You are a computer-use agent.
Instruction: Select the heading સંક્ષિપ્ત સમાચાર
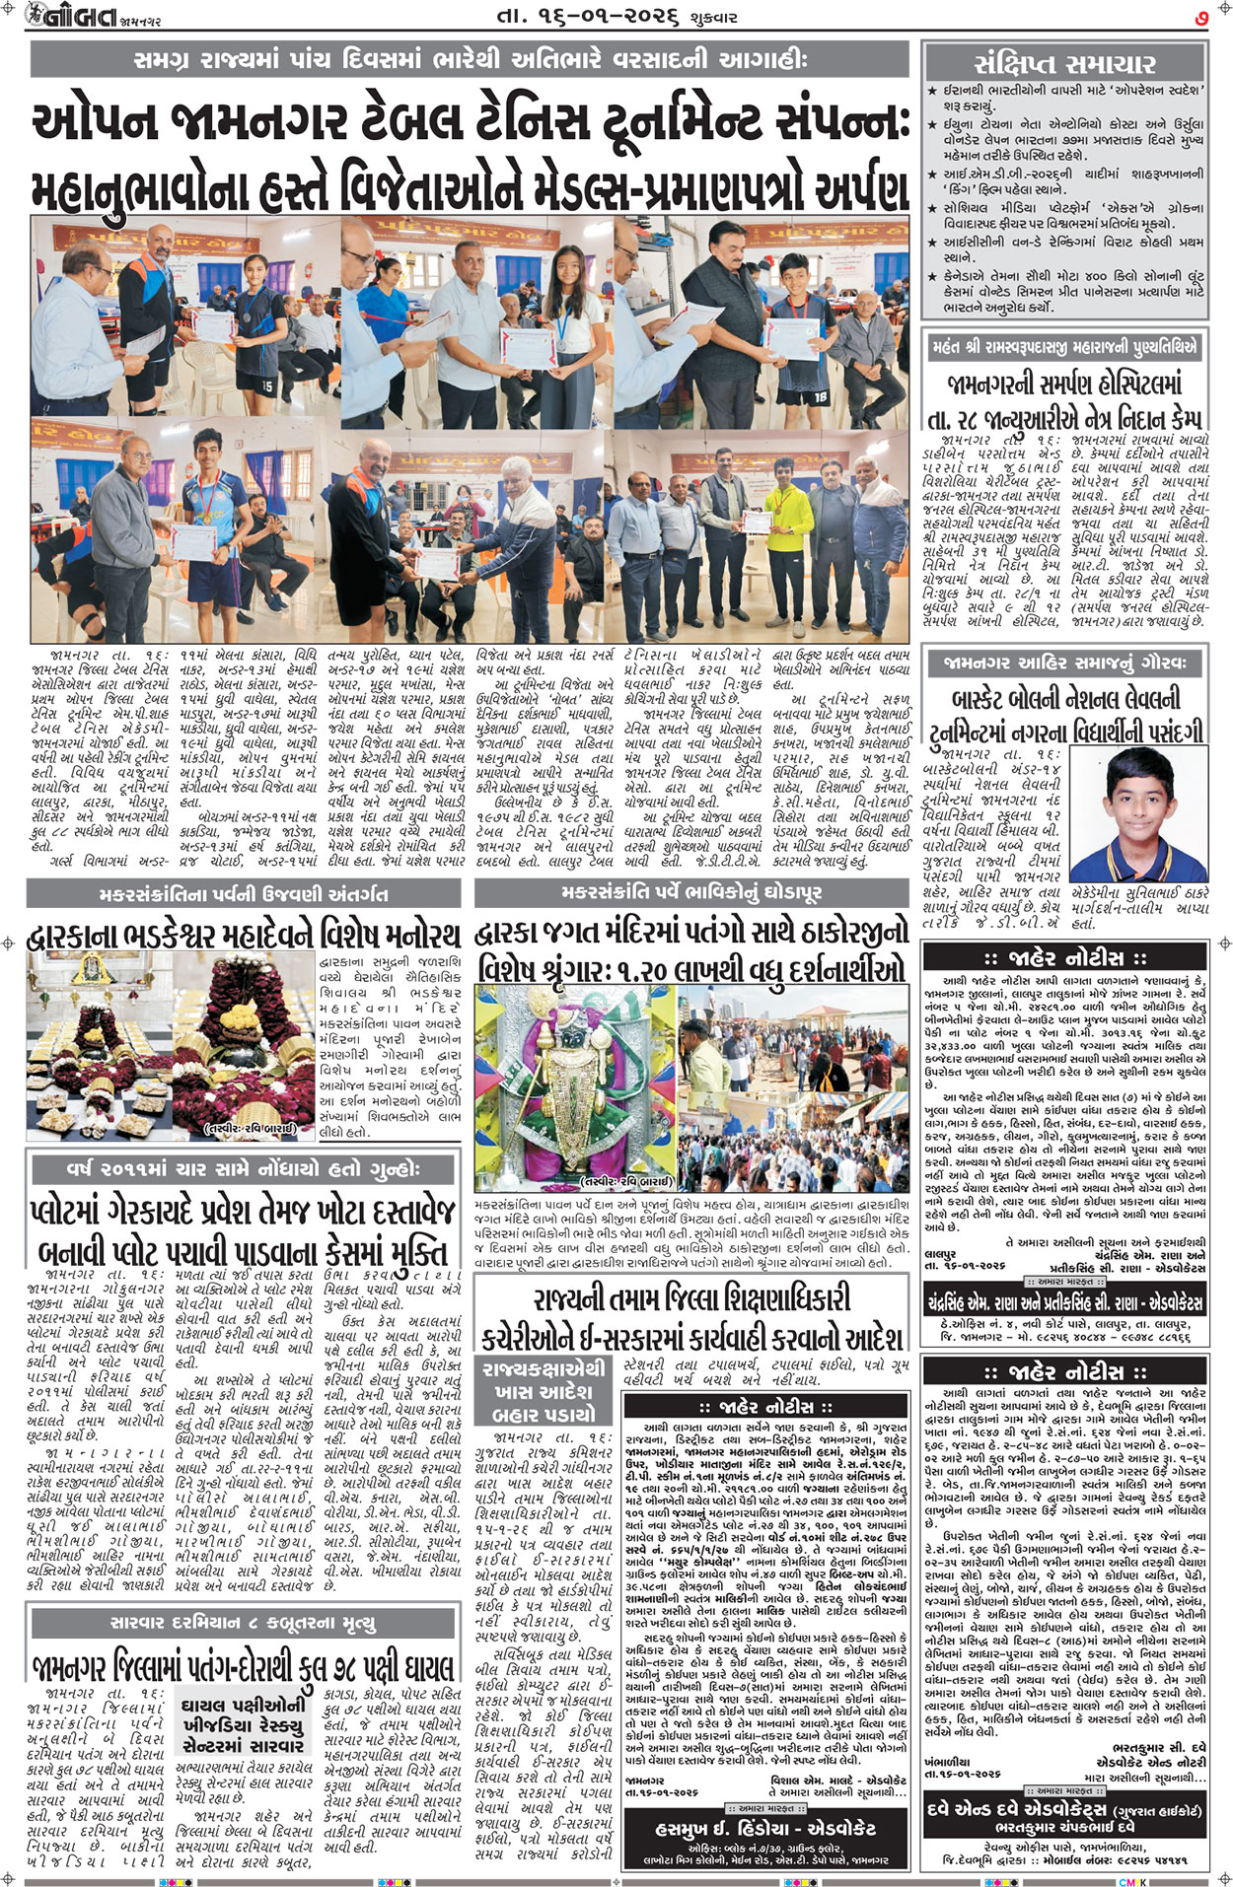pyautogui.click(x=1063, y=64)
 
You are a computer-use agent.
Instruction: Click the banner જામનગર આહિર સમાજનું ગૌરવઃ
pyautogui.click(x=1063, y=662)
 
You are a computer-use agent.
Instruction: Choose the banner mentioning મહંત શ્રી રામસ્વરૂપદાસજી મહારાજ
pyautogui.click(x=1063, y=347)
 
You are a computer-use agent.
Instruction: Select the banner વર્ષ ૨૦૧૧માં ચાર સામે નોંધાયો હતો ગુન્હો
pyautogui.click(x=243, y=1169)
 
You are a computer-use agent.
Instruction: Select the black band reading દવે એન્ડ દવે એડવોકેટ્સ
pyautogui.click(x=1063, y=1810)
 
